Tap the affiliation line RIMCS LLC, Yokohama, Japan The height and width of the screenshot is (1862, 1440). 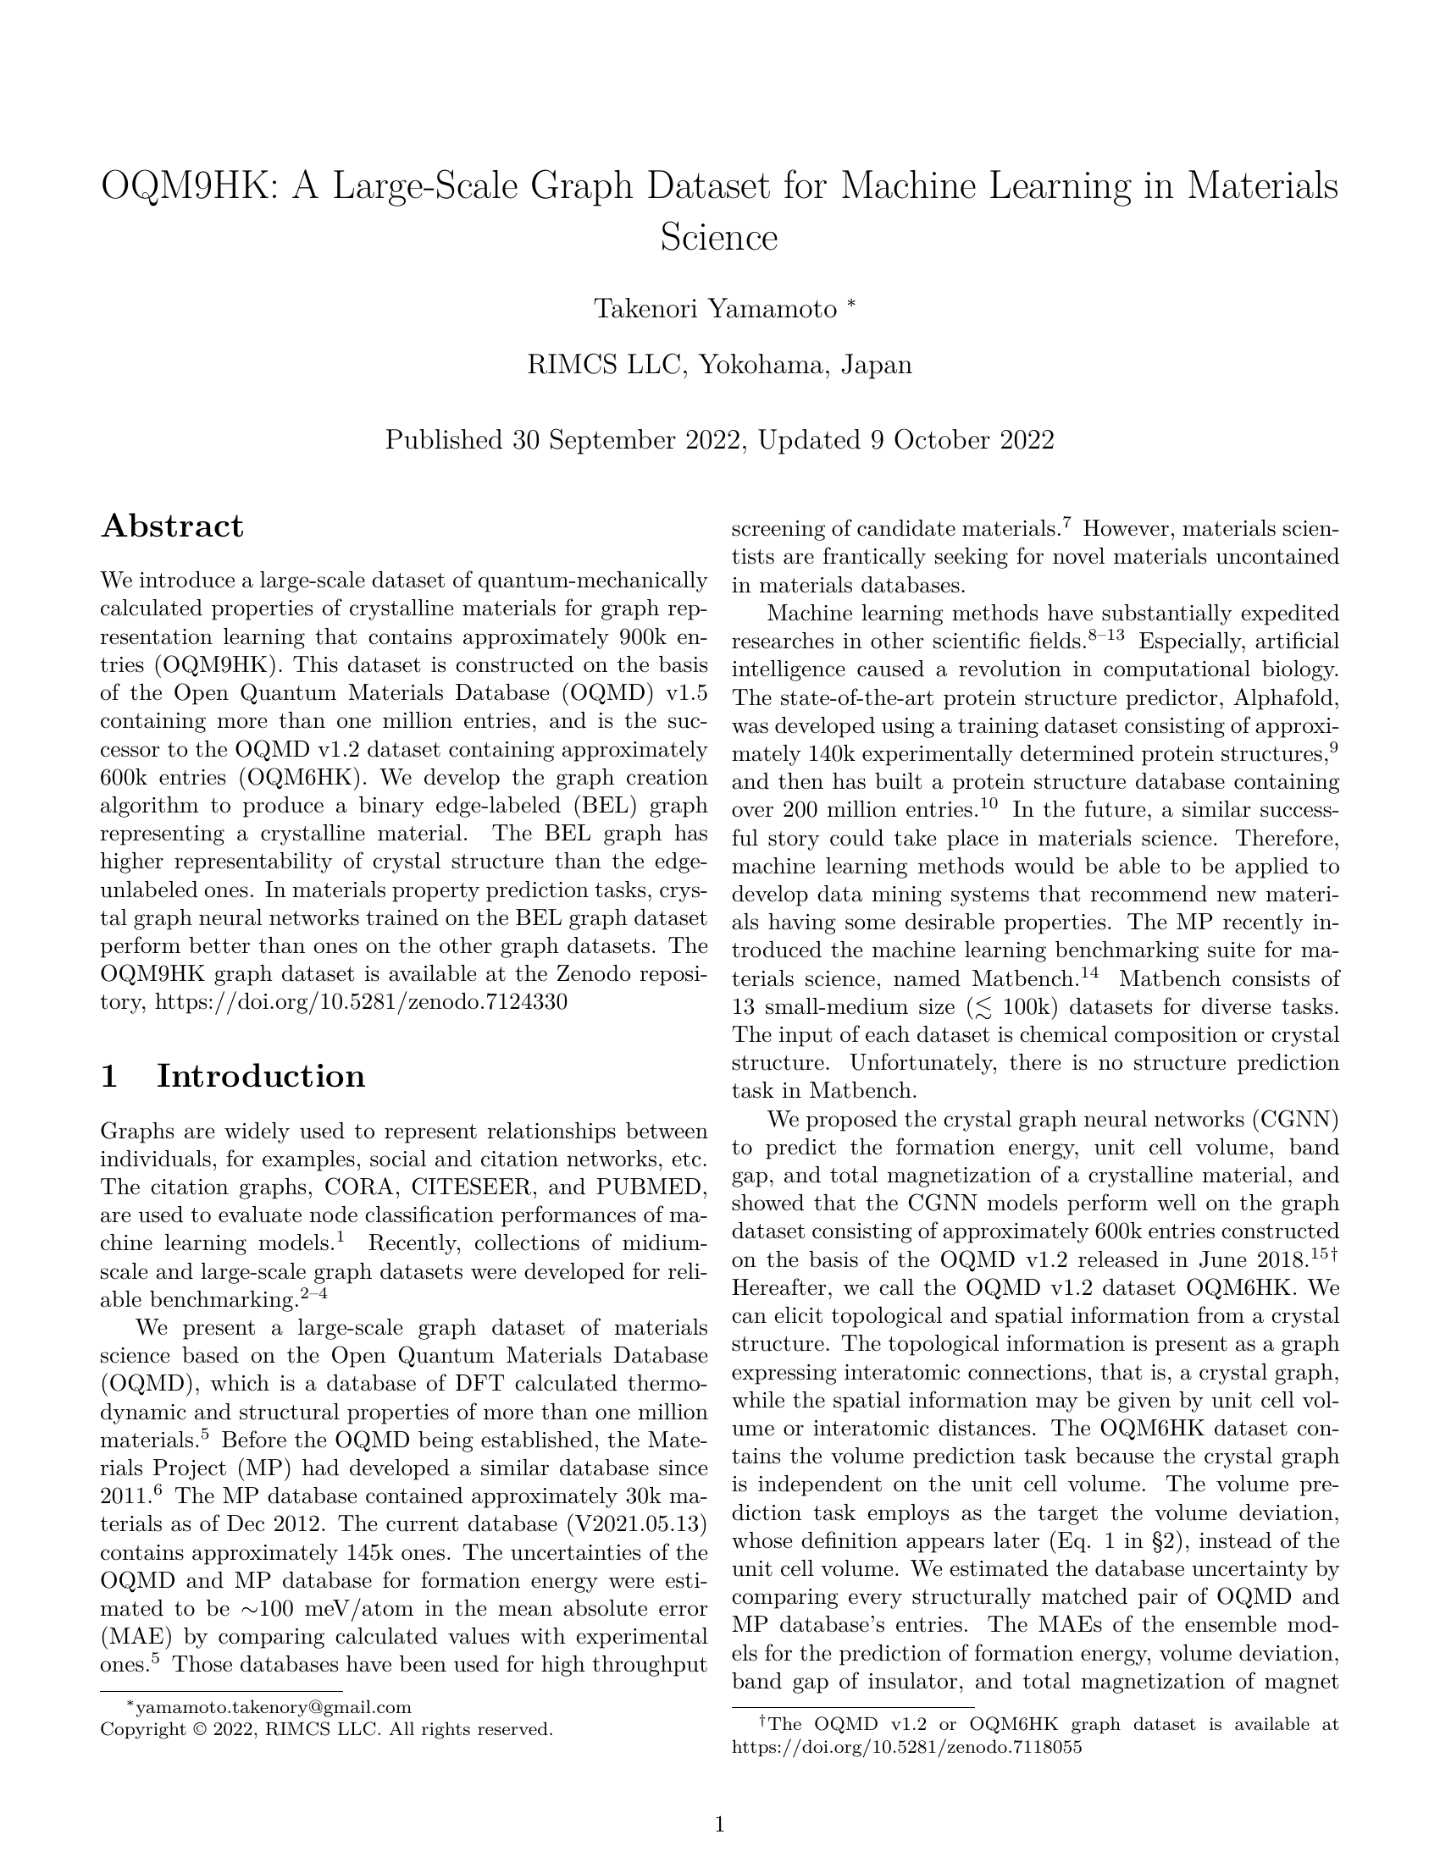[x=719, y=365]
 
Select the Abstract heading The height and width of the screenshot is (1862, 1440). [x=172, y=526]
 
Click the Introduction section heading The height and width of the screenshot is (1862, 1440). [x=260, y=1076]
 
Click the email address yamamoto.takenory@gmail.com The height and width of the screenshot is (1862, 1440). [x=274, y=1707]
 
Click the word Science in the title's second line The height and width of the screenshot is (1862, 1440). [x=719, y=238]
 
